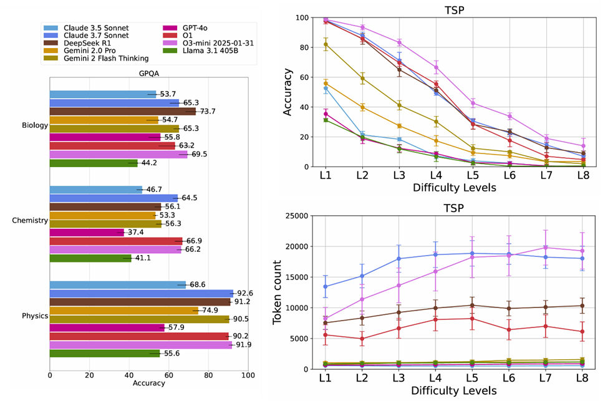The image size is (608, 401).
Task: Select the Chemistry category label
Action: coord(31,220)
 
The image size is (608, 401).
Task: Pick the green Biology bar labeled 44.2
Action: coord(94,163)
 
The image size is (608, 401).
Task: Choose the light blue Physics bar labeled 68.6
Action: coord(117,284)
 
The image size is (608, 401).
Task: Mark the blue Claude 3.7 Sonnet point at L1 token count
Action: coord(326,287)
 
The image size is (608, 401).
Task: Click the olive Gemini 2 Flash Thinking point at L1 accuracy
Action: coord(326,44)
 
